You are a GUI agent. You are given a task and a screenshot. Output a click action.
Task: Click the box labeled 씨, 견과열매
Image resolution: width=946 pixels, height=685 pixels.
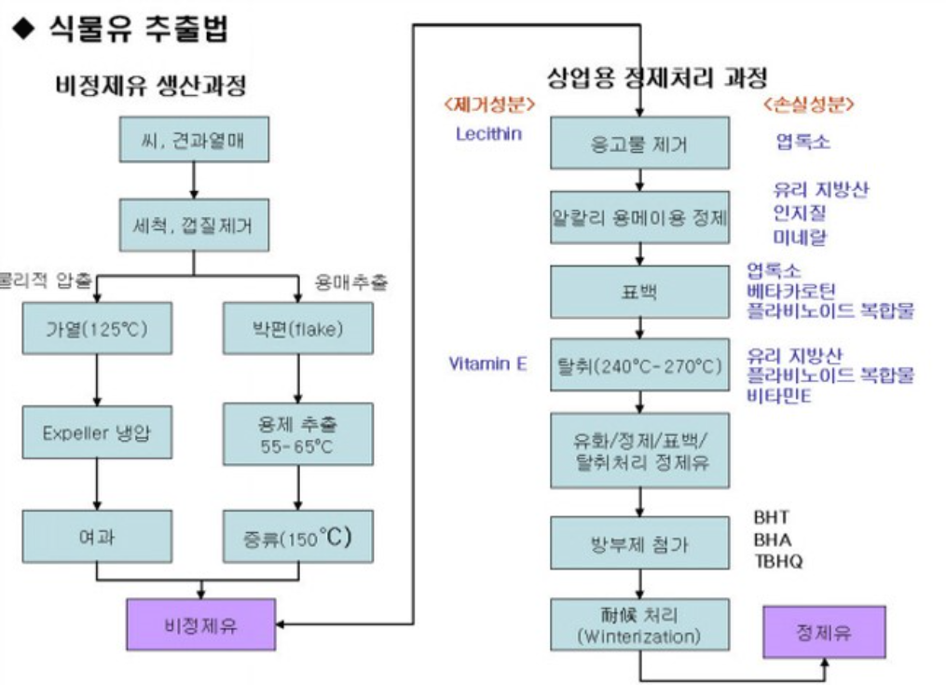point(194,142)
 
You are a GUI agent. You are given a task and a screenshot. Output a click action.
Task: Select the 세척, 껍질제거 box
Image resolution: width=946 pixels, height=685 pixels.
point(194,225)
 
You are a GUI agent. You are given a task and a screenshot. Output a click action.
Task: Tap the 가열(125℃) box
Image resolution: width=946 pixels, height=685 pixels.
point(97,330)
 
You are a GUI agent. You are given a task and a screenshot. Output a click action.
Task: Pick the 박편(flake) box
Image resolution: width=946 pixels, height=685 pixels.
point(298,330)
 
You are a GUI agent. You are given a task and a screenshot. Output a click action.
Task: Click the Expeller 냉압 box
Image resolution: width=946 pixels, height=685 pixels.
point(97,432)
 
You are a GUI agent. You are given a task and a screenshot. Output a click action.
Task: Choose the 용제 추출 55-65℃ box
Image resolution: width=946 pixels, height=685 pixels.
point(298,432)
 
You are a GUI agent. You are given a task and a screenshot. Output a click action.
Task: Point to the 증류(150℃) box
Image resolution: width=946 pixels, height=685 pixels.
point(298,539)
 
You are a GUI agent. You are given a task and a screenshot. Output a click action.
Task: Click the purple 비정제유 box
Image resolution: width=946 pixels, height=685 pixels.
point(200,624)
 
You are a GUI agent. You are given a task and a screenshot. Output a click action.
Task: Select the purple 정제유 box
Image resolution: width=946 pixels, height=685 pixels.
point(824,633)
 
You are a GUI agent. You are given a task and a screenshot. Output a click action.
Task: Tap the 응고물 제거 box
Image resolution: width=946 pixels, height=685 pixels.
point(639,144)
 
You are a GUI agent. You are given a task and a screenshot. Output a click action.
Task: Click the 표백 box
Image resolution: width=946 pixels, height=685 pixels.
point(639,292)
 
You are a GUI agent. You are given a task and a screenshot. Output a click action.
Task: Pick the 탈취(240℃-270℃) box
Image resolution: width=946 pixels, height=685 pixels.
point(639,365)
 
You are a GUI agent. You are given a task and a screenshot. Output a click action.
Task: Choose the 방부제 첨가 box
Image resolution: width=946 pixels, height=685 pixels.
point(639,544)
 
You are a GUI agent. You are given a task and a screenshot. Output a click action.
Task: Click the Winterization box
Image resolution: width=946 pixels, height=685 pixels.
point(639,625)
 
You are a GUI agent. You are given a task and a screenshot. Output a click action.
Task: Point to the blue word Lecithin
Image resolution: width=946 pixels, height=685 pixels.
point(488,133)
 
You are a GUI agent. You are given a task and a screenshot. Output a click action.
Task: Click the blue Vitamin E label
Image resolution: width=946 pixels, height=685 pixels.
point(487,363)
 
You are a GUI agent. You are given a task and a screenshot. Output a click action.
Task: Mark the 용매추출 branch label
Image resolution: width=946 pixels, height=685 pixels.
point(350,281)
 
